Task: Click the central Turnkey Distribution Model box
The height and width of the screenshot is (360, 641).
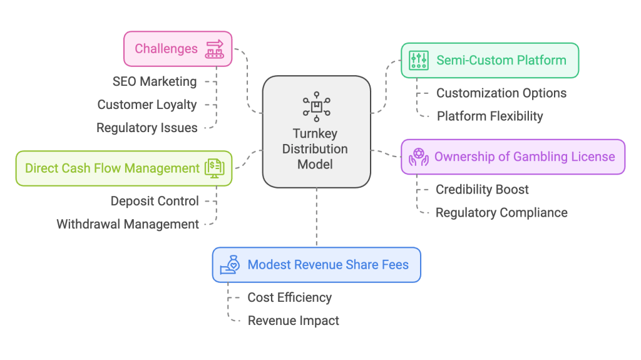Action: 316,132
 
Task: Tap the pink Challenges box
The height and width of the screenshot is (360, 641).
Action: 178,49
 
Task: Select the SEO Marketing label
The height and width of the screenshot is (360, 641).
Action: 155,81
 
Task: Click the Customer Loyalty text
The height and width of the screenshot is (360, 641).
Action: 147,105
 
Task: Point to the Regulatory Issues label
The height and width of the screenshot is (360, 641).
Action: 146,128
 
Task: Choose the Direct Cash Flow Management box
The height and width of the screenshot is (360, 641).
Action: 123,168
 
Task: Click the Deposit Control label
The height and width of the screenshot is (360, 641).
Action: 155,201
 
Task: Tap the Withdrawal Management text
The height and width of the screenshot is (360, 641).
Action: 128,224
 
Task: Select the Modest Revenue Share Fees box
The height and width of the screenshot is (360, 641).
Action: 316,264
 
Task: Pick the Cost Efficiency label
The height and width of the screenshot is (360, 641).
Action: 289,297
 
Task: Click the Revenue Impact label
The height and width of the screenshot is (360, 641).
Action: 293,321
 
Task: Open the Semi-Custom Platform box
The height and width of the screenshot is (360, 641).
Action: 490,60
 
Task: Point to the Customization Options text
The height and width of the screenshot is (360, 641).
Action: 501,93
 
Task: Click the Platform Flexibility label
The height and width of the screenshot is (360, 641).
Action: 490,116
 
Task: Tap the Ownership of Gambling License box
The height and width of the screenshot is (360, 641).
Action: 513,157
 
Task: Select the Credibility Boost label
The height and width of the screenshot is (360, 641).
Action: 482,189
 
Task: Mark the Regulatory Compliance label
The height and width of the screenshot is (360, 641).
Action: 501,212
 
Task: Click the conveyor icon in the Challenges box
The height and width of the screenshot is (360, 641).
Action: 215,49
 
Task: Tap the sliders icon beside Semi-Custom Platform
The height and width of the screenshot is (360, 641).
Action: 418,60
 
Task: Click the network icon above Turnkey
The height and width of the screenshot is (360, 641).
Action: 316,107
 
